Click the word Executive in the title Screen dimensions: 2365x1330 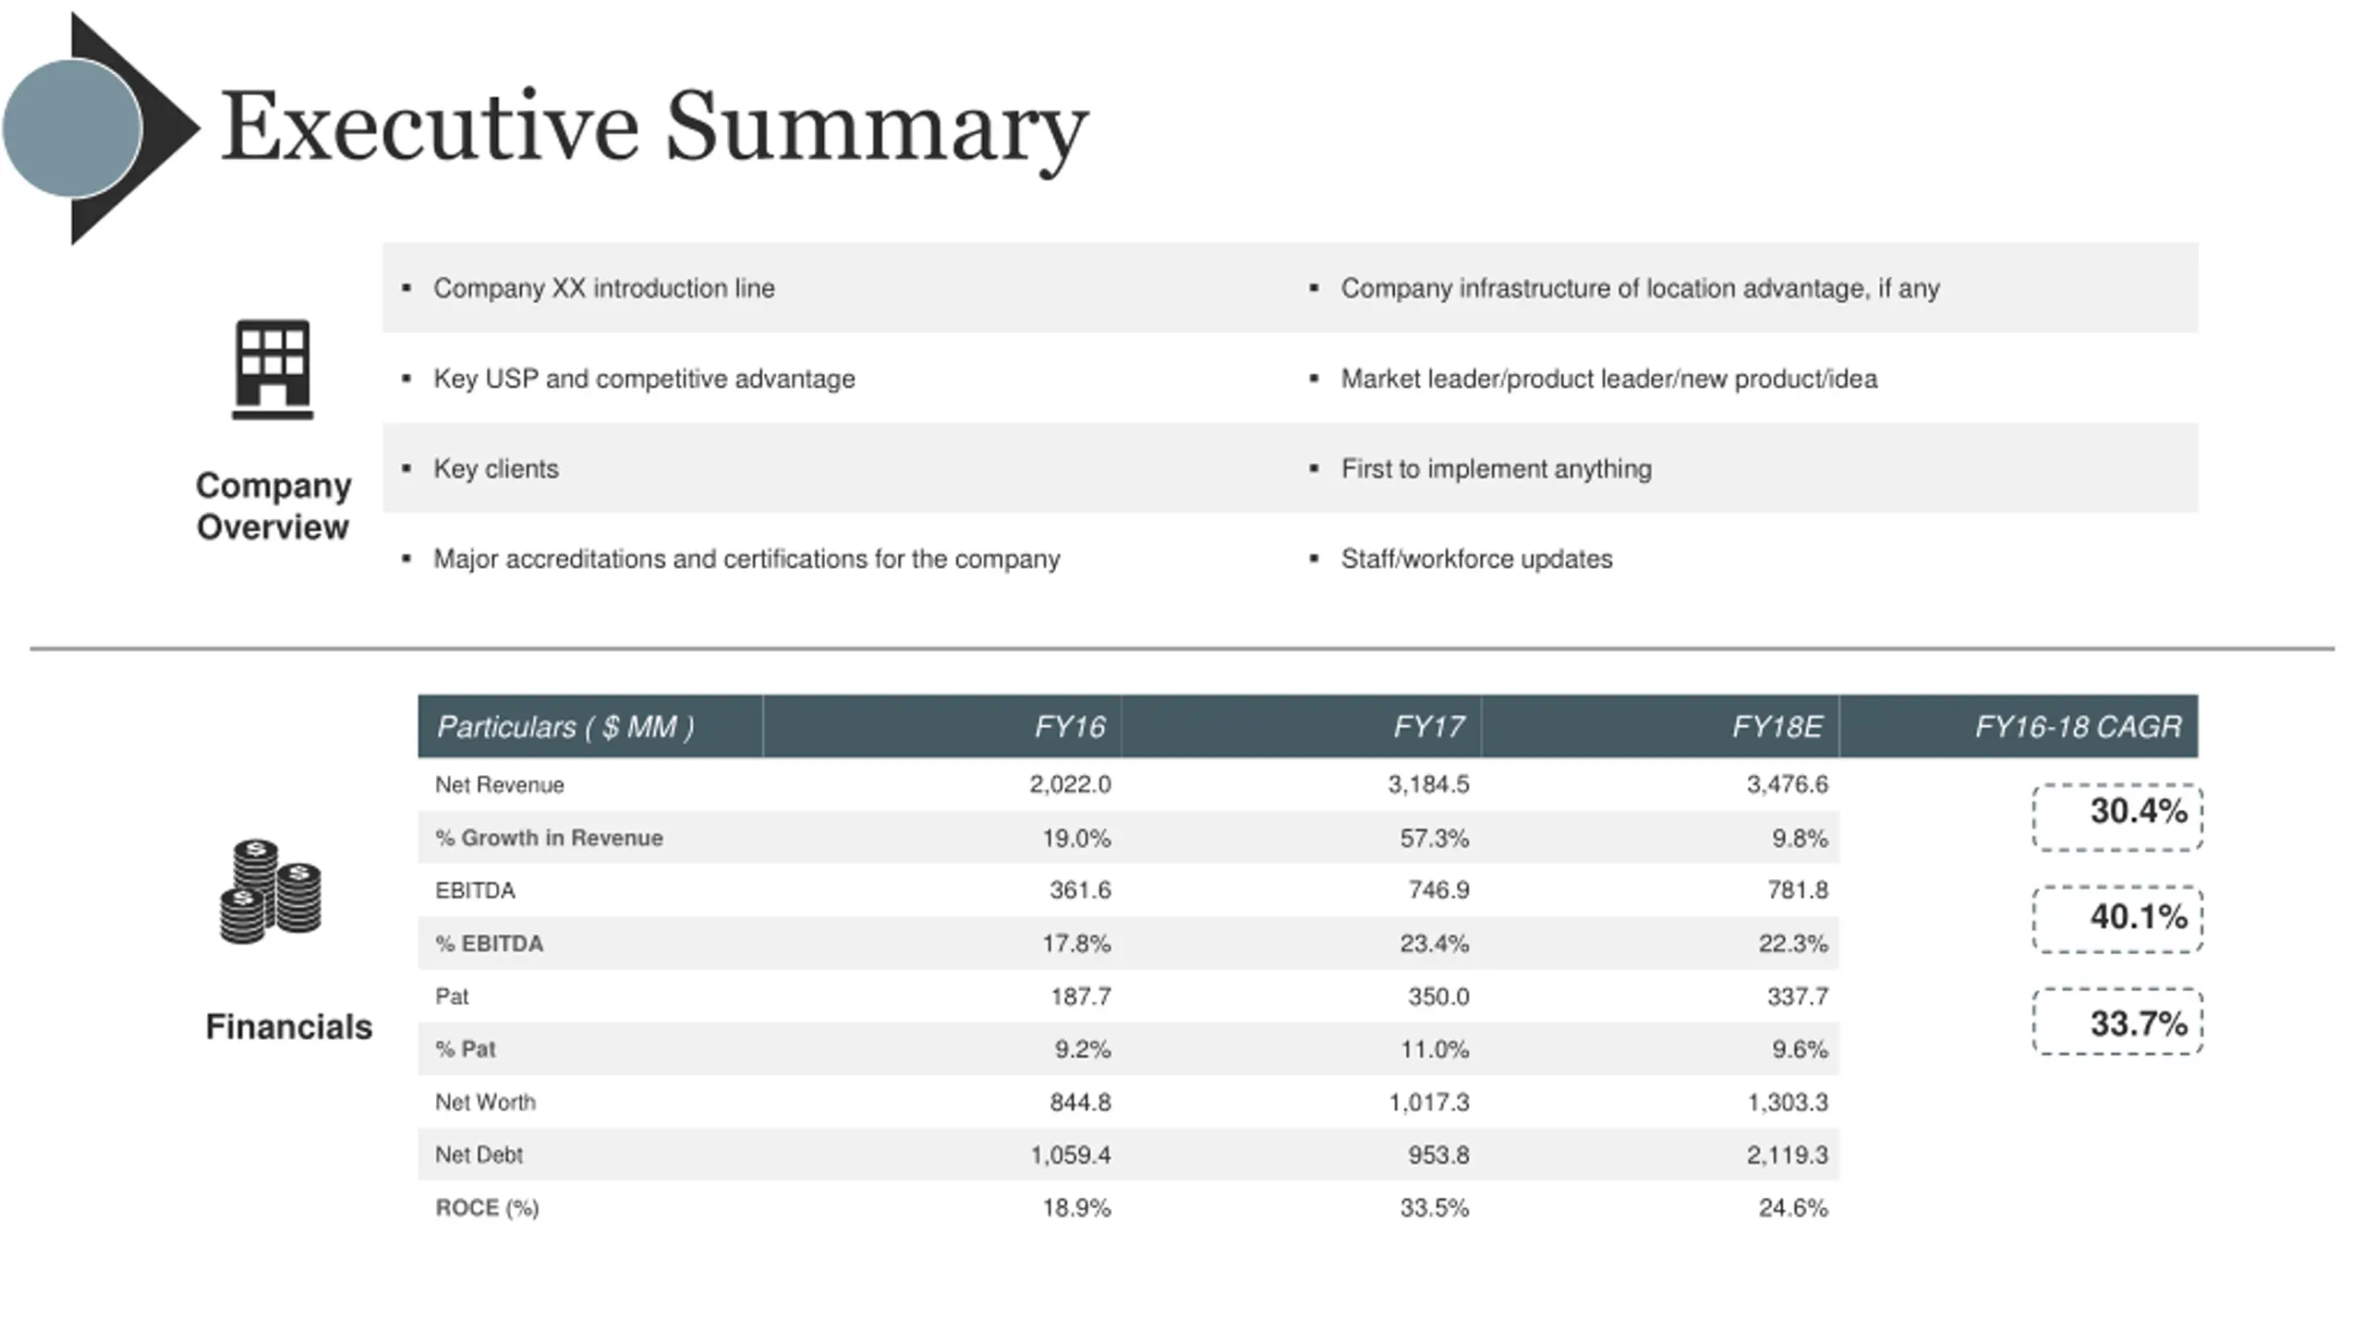point(430,127)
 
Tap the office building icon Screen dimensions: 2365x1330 point(273,369)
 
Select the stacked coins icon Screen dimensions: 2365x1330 point(271,891)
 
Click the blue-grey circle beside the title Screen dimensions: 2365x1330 point(72,128)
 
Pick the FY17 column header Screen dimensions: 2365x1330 point(1428,727)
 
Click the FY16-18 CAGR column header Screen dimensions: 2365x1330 point(2078,727)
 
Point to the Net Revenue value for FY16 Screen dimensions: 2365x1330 point(1070,784)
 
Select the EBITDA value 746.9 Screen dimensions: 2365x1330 point(1438,889)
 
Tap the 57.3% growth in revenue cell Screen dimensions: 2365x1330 point(1434,838)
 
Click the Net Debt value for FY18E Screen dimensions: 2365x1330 point(1787,1155)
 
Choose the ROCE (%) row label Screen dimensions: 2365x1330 point(487,1208)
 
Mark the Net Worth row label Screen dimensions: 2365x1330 point(485,1102)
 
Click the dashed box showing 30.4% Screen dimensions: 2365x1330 point(2117,816)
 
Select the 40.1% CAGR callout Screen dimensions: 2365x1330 point(2117,919)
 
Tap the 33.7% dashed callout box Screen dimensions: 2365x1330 point(2117,1022)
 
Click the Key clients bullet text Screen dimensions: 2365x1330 point(496,469)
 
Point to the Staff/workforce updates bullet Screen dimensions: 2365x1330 point(1476,559)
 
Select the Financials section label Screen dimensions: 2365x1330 point(288,1027)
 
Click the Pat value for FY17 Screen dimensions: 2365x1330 point(1438,997)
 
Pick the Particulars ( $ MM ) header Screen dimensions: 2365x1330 point(565,727)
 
